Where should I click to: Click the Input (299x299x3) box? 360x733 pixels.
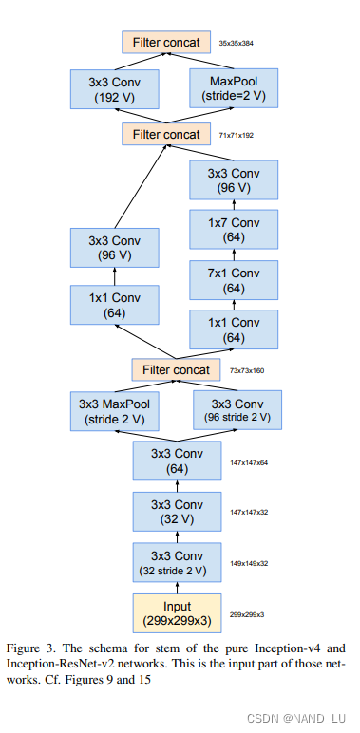click(x=177, y=612)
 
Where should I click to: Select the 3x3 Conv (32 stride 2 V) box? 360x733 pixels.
click(x=177, y=562)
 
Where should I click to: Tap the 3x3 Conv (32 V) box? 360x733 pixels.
click(x=177, y=512)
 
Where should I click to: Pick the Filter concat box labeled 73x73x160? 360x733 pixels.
click(x=176, y=369)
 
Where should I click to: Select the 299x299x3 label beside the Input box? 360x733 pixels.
click(x=248, y=613)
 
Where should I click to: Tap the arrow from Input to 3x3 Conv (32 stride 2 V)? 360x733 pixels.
click(x=177, y=587)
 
